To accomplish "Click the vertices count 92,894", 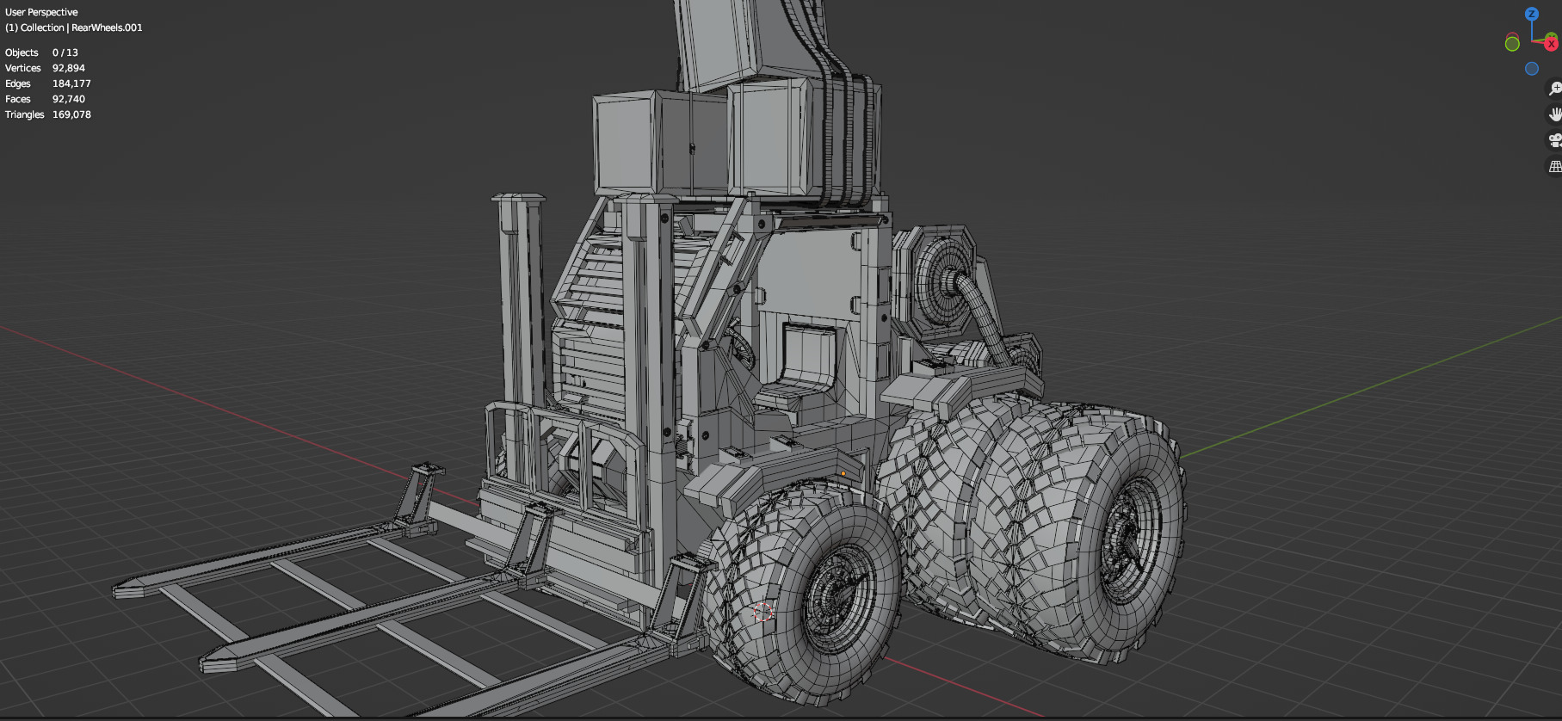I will click(x=68, y=68).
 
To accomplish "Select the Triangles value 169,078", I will click(x=71, y=114).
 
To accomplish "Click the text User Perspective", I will click(x=41, y=12).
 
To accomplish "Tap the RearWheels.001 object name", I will click(x=107, y=28).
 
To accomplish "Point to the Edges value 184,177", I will click(x=71, y=83).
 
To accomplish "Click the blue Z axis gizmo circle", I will click(x=1531, y=14).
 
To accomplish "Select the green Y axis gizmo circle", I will click(x=1512, y=44).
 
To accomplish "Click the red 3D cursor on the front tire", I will click(x=762, y=612).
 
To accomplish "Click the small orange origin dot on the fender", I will click(x=843, y=473).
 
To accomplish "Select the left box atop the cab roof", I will click(x=627, y=144).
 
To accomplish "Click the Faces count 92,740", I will click(x=68, y=99).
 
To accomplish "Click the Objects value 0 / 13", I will click(x=65, y=52).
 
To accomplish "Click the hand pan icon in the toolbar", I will click(x=1554, y=114).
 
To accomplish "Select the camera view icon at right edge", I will click(x=1554, y=140).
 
